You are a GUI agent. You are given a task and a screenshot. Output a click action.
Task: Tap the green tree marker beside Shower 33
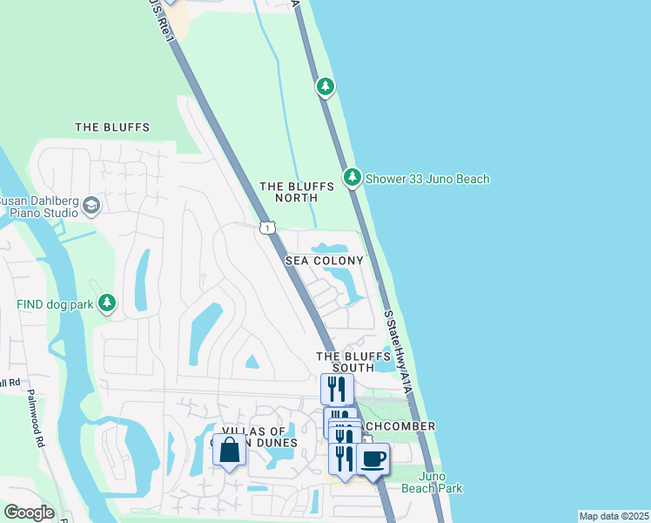(x=352, y=178)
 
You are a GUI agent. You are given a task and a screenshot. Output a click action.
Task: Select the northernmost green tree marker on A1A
(x=325, y=86)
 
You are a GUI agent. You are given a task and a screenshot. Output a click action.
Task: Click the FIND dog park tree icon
(x=107, y=303)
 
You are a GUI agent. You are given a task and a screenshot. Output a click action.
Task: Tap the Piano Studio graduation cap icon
(x=91, y=206)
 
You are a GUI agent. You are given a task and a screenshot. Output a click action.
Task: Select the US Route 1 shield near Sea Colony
(x=267, y=228)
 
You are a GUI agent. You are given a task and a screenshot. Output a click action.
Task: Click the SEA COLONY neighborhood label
(x=324, y=261)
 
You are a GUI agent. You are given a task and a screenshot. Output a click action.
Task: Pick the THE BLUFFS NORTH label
(x=296, y=193)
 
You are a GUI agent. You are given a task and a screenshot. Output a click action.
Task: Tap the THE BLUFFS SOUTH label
(x=350, y=362)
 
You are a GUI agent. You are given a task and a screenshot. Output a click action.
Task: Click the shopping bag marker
(x=229, y=451)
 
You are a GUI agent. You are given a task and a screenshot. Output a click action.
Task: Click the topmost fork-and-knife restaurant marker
(x=337, y=389)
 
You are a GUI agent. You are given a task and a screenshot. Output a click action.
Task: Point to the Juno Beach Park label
(x=440, y=482)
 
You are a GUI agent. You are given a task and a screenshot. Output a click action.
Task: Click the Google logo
(x=29, y=512)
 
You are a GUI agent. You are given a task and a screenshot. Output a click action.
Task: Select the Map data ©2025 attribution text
(x=613, y=516)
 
